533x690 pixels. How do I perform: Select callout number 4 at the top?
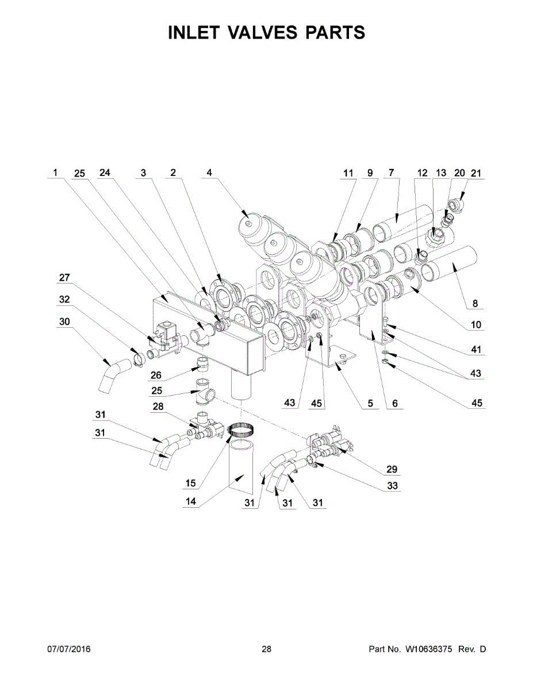click(209, 172)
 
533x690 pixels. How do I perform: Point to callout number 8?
click(475, 304)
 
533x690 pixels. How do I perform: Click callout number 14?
click(190, 501)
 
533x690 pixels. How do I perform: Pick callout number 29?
click(392, 469)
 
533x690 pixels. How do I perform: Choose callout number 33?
click(393, 486)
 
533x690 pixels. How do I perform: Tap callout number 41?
click(477, 350)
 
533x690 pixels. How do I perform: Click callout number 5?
click(371, 404)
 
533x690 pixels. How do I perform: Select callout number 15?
click(190, 481)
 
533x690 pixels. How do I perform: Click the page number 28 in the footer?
click(266, 650)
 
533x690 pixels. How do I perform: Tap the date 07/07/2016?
click(68, 650)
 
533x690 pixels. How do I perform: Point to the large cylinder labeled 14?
click(241, 466)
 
